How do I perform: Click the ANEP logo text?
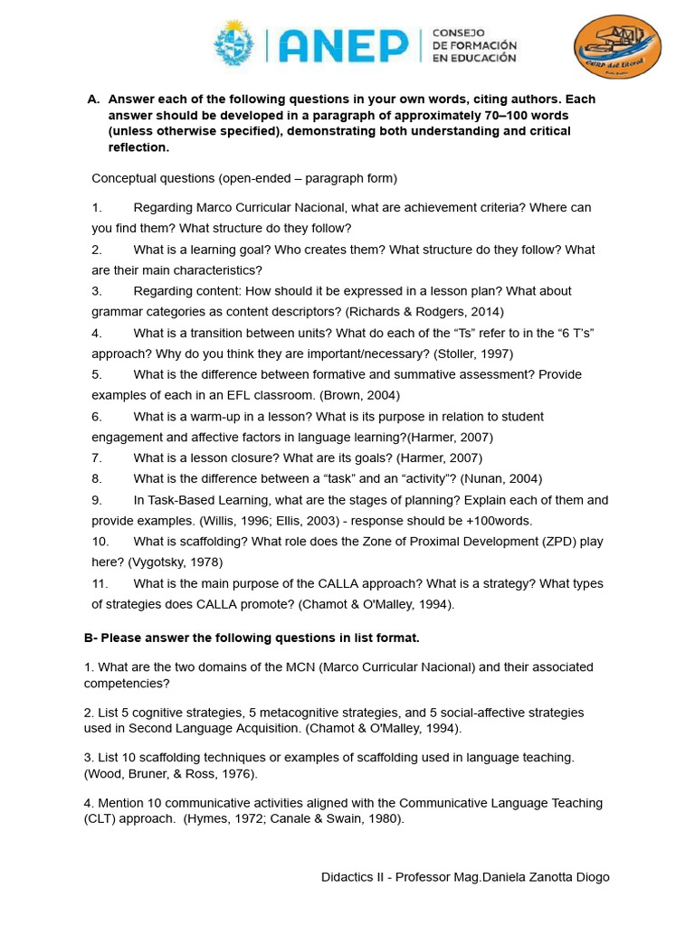pos(344,45)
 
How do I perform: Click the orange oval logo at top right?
pos(618,47)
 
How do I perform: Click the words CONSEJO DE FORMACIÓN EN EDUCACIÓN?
pos(474,45)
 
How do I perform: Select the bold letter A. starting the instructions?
pos(92,99)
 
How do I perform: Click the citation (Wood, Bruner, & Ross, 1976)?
pos(167,774)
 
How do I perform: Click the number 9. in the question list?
pos(97,499)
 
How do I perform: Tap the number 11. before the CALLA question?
pos(100,583)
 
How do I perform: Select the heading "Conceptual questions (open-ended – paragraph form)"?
pos(244,177)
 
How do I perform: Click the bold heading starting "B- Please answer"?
pos(252,638)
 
